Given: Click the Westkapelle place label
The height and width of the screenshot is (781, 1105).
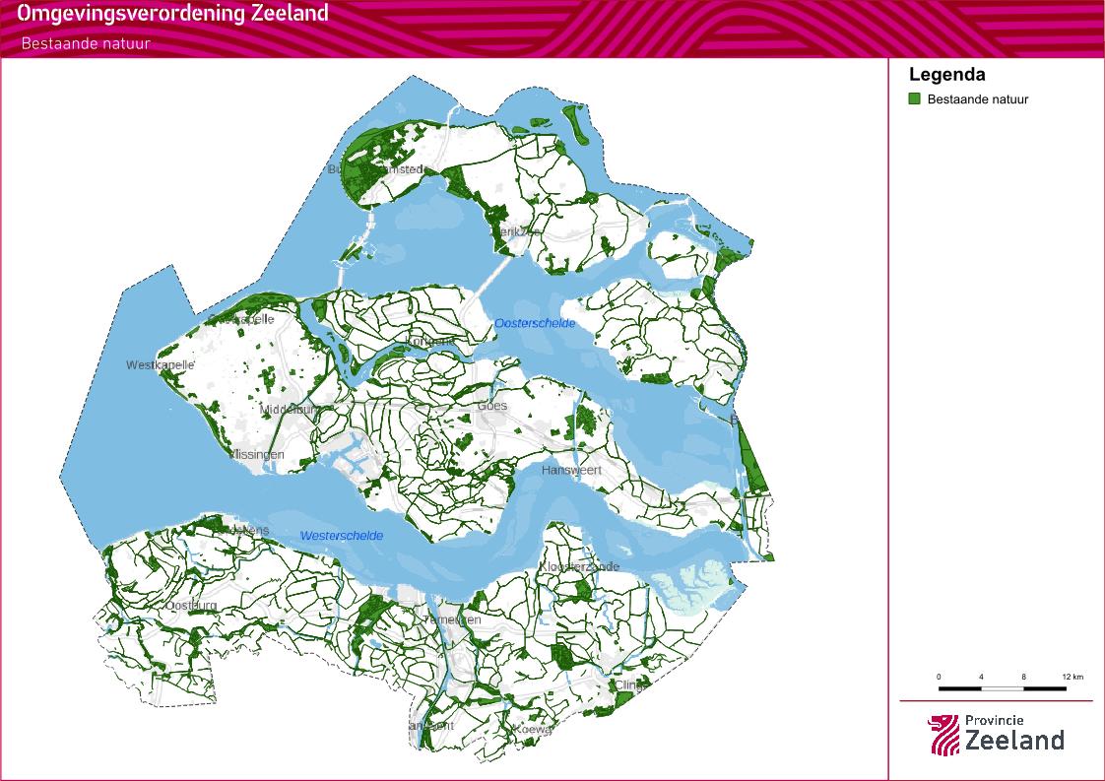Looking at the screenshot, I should point(161,365).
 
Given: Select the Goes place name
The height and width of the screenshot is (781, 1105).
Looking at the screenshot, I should point(491,406).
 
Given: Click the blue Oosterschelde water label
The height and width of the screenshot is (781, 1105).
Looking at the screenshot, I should point(535,323).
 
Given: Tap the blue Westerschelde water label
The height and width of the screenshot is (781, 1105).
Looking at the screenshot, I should point(342,536).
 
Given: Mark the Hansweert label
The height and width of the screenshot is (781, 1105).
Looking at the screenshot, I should point(571,471).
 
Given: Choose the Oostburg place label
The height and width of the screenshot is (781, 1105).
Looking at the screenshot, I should point(191,605).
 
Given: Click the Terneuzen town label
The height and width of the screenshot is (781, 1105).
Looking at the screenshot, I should point(450,619).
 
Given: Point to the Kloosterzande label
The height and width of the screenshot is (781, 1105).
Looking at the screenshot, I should point(579,567).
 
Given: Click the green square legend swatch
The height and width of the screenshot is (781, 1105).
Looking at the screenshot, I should point(914,98).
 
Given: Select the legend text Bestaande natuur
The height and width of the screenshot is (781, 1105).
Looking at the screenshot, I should point(977,99).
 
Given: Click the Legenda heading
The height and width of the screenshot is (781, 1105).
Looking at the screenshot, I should point(946,75).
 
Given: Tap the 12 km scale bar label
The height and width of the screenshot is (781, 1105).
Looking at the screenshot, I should point(1072,678).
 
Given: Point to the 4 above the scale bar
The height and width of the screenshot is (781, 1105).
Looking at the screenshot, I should point(981,678).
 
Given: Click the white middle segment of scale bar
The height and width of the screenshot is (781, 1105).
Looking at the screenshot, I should point(1003,687).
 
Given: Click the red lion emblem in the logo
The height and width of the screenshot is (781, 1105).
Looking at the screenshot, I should point(942,735).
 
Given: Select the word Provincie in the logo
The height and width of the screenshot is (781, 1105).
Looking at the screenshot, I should point(994,721).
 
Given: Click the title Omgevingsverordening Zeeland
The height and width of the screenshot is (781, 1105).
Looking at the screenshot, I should point(172,15).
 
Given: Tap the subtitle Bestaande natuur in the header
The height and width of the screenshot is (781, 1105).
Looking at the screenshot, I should point(86,43).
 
